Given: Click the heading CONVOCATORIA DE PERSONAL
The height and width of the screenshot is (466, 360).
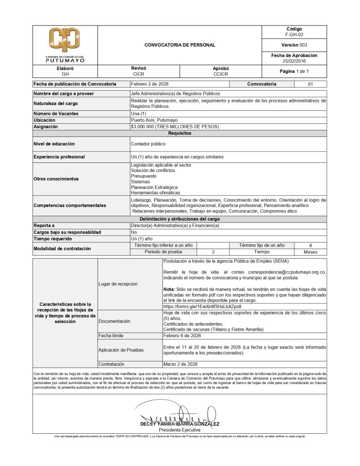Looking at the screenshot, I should pos(179,45).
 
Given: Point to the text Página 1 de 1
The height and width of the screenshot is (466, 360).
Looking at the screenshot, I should pos(294,71).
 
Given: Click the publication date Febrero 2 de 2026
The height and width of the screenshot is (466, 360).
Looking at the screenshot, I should pos(150,84).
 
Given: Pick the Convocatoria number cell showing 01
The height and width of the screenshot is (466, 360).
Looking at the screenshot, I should pos(311,84).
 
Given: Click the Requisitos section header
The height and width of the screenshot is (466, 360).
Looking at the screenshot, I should pos(179,133).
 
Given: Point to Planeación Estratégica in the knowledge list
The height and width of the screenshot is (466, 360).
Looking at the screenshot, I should pos(154,187).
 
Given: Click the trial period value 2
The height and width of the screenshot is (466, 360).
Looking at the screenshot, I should pos(213,252).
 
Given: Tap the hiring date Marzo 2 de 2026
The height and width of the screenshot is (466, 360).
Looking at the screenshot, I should pos(180,364).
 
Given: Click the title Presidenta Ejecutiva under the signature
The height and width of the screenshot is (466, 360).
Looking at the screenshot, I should pos(179,430).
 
